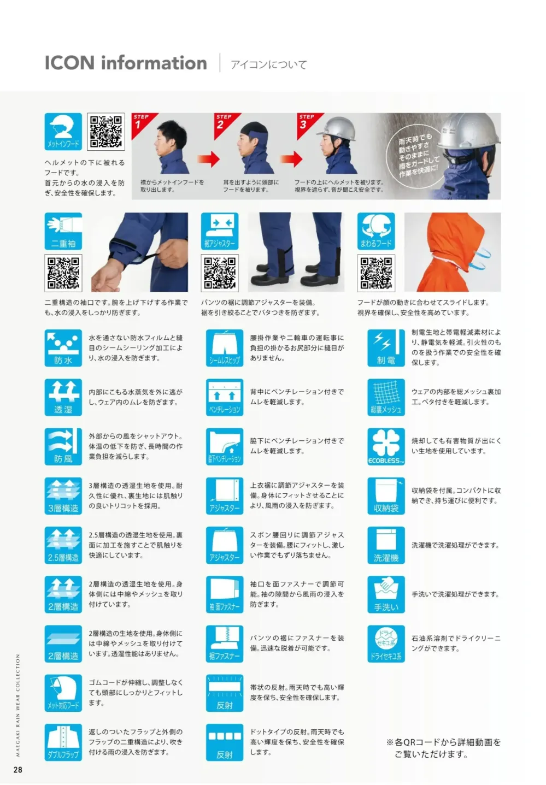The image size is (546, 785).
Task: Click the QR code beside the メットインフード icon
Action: point(106,132)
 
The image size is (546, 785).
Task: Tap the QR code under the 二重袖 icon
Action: point(63,273)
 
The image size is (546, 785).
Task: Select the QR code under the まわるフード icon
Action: point(376,273)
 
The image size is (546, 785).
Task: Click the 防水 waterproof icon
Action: point(63,347)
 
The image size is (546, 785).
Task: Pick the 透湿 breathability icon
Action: point(63,397)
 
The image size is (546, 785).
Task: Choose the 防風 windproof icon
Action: point(63,446)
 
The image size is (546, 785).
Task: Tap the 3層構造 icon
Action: point(63,495)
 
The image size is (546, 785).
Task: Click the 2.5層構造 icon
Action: point(63,545)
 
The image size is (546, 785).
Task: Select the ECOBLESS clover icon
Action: point(386,446)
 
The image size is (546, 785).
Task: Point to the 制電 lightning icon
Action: point(386,347)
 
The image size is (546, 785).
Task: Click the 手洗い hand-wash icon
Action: point(386,594)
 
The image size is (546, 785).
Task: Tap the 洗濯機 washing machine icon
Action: point(386,545)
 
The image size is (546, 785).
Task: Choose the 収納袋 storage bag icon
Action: point(386,495)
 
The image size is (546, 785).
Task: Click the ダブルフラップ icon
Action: point(63,742)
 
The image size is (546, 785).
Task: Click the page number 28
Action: point(18,770)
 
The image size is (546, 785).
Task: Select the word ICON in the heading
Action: point(69,63)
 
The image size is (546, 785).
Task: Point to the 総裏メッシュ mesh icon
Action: point(386,397)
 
